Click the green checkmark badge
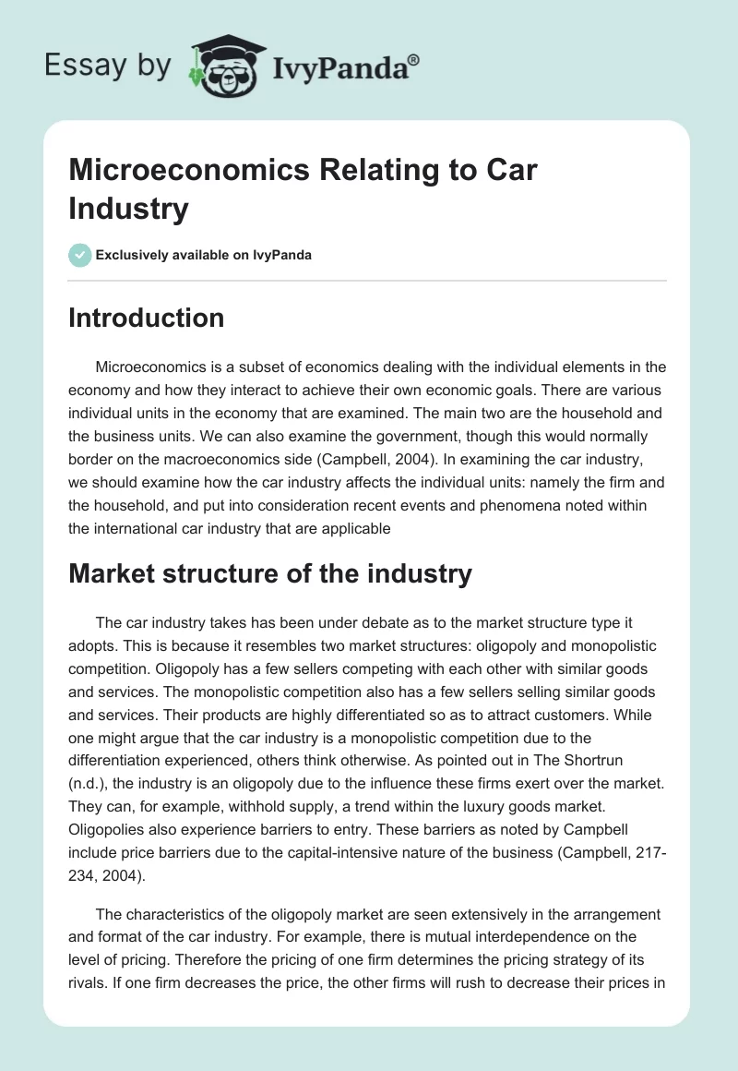point(80,255)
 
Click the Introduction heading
point(147,318)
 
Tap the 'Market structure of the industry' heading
point(270,573)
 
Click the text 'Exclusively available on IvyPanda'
point(203,255)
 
